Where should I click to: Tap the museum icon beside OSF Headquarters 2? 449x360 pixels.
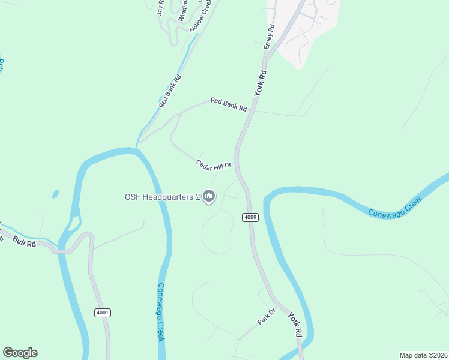point(209,196)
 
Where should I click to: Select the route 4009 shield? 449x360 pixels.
point(251,217)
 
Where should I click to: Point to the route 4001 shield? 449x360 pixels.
point(103,313)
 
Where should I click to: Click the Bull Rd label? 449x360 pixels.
point(25,242)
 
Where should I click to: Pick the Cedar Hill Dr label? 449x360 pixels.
point(214,165)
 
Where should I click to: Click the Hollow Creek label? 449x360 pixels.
point(202,16)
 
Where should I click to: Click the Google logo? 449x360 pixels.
point(20,353)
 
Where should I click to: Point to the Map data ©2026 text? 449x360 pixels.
point(424,355)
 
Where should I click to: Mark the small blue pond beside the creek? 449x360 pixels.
point(56,194)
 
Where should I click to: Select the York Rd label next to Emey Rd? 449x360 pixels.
point(259,82)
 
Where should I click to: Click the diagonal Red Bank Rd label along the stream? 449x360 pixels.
point(170,91)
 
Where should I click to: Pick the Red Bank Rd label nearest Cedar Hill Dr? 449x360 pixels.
point(228,105)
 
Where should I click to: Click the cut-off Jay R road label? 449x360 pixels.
point(160,7)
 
